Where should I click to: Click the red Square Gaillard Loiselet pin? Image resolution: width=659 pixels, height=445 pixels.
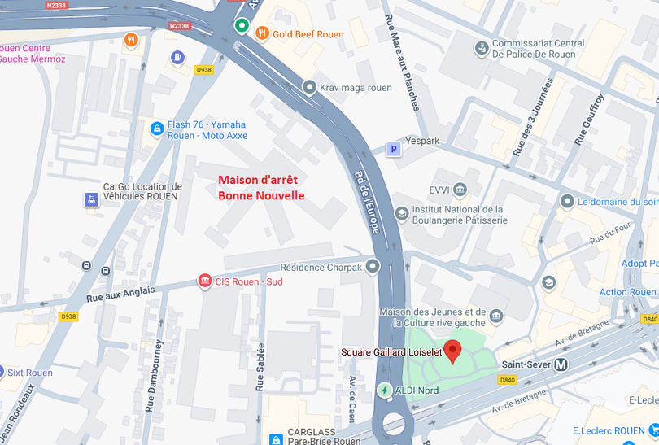point(453,351)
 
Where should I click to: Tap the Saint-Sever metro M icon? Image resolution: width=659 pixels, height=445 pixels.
point(561,365)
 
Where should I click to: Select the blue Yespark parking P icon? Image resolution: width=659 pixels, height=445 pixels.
point(393,149)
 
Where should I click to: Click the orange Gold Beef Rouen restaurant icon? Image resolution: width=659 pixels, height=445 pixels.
point(262,33)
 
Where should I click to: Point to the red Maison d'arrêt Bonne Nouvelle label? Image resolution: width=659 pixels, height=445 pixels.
point(261,187)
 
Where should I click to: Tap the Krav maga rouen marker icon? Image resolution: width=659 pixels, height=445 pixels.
point(309,87)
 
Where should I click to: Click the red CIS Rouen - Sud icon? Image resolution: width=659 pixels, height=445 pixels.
point(205,281)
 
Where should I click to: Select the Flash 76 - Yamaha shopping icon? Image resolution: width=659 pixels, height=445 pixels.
point(157,129)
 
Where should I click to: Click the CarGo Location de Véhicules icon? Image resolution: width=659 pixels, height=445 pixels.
point(92,199)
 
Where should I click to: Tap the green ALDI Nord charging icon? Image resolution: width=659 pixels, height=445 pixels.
point(384,390)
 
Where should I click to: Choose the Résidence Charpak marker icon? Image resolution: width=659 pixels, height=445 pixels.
point(373,266)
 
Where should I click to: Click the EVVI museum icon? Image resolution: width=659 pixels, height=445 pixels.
point(460,190)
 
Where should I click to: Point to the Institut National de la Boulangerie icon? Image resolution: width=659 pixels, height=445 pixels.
point(401,213)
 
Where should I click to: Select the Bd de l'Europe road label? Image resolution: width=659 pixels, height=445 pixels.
point(367,203)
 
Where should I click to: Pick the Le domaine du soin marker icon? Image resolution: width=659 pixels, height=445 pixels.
point(567,201)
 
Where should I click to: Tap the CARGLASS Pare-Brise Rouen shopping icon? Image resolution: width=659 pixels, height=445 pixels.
point(277,439)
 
